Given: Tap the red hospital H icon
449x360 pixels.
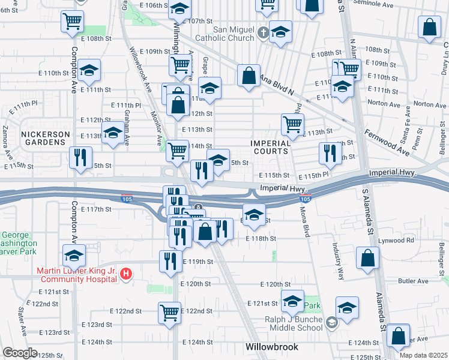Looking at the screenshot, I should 126,275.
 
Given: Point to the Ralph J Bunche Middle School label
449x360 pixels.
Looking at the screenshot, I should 294,324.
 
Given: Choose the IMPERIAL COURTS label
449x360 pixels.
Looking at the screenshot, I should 270,148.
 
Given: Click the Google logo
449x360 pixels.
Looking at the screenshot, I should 20,353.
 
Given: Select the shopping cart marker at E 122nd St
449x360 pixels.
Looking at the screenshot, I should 170,311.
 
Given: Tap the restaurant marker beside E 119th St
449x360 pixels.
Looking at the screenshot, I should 170,260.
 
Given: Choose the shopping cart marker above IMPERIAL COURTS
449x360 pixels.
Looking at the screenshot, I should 292,124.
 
